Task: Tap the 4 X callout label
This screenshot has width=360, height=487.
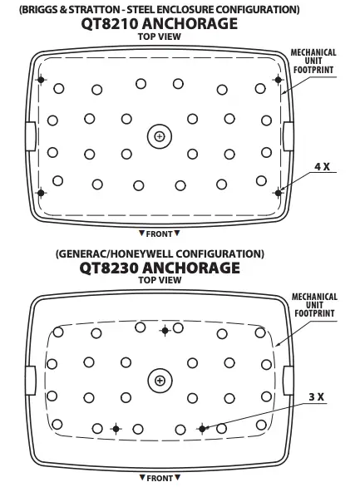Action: pyautogui.click(x=322, y=167)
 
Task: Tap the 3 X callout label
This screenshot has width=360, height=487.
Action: pyautogui.click(x=317, y=397)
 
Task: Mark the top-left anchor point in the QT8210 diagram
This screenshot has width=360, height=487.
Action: pyautogui.click(x=41, y=80)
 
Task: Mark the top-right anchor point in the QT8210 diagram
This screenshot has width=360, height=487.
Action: pyautogui.click(x=278, y=80)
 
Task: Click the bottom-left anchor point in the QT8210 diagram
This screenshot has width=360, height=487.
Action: pyautogui.click(x=41, y=193)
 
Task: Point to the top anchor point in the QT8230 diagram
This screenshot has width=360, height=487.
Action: pyautogui.click(x=165, y=331)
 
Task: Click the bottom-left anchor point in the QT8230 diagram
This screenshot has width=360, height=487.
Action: pyautogui.click(x=116, y=429)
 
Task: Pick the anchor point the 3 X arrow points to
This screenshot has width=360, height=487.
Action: pyautogui.click(x=202, y=429)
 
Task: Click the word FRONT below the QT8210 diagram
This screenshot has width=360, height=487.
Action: pyautogui.click(x=159, y=234)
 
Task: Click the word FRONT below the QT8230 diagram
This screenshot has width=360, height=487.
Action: pyautogui.click(x=160, y=479)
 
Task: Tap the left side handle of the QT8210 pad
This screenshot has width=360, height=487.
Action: pyautogui.click(x=31, y=136)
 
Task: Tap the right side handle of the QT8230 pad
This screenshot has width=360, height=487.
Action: pyautogui.click(x=288, y=381)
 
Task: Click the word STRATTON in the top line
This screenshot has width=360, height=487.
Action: pyautogui.click(x=94, y=10)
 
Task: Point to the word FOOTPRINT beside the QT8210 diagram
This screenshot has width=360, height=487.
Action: pyautogui.click(x=313, y=70)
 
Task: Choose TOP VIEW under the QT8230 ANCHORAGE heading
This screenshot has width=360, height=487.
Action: pyautogui.click(x=160, y=280)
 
